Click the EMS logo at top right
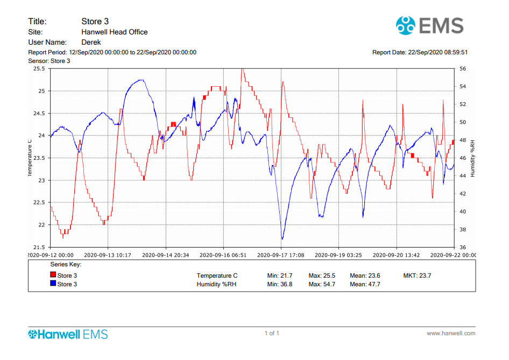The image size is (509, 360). coord(429,25)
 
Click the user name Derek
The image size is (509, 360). coord(91,42)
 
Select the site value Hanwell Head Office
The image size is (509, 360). coord(114,32)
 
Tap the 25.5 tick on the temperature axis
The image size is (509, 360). coord(39,69)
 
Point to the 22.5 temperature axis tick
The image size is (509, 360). coord(39,202)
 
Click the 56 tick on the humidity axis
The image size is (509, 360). coord(463,69)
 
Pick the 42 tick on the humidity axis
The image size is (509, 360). coord(463,194)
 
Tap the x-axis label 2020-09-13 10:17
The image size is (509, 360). coord(108,255)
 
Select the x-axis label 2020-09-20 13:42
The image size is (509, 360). coord(397,255)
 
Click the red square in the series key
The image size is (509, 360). coord(53,275)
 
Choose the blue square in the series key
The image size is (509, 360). coord(53,284)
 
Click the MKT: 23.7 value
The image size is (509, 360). coord(417,276)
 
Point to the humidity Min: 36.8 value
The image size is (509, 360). coord(280,284)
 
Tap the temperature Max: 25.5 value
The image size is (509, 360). coord(322,276)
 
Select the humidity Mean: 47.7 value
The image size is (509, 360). coord(365,284)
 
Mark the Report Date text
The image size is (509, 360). coord(420,52)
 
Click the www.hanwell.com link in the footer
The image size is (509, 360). coord(451,334)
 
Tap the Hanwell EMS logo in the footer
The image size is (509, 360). coord(68,334)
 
